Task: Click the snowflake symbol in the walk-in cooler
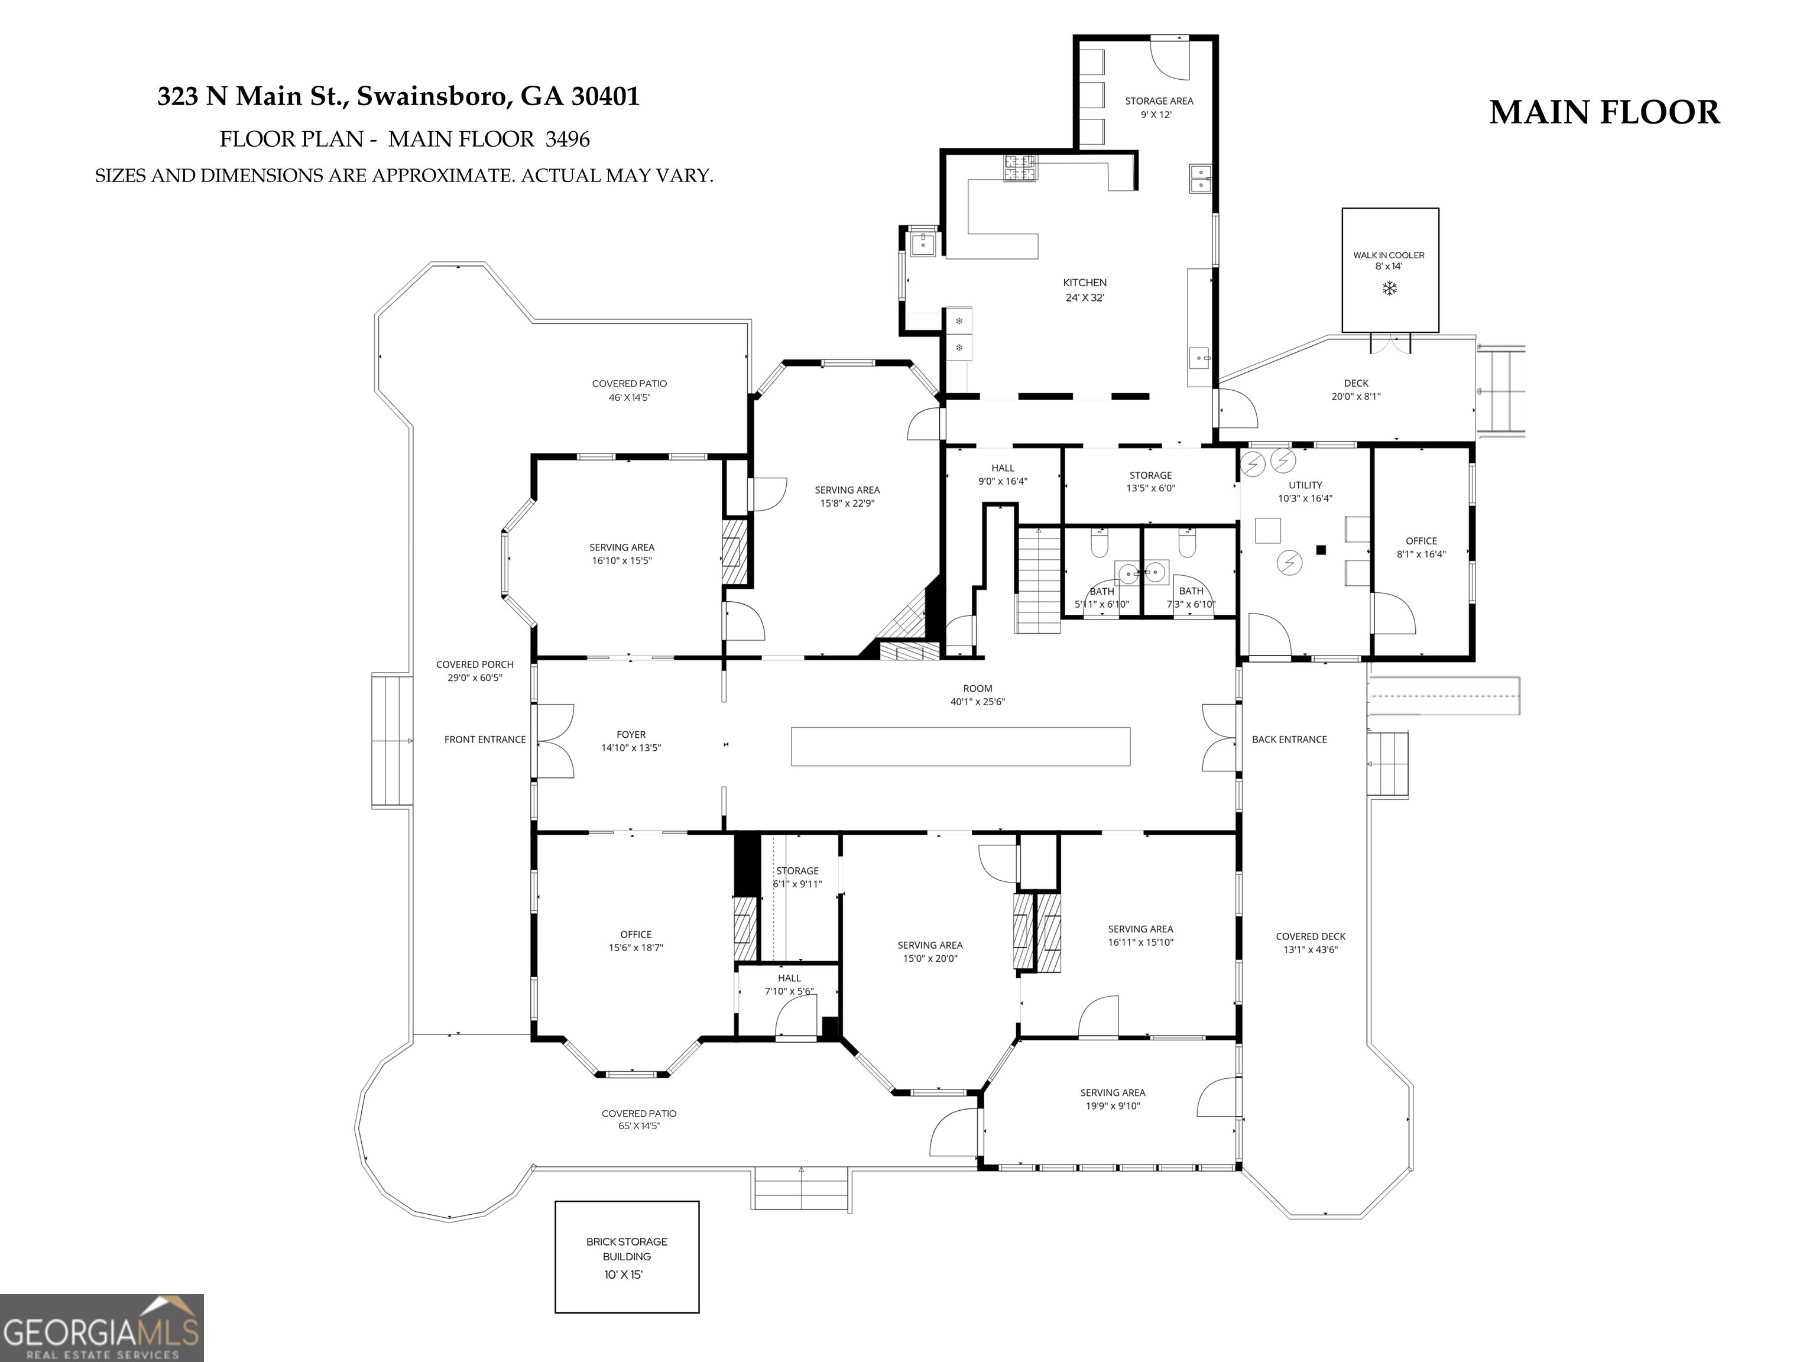[1390, 288]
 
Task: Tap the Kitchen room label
[1085, 283]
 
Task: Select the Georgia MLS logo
[102, 1328]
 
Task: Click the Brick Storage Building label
[627, 1248]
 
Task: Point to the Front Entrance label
[485, 740]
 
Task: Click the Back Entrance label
[1289, 740]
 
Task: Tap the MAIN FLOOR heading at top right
[1604, 112]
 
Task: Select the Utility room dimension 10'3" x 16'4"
[1305, 498]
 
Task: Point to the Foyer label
[631, 735]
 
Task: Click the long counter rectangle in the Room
[961, 746]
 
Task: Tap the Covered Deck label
[1311, 937]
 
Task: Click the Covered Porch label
[475, 665]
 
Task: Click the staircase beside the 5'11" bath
[1039, 579]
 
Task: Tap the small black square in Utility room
[1321, 550]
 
